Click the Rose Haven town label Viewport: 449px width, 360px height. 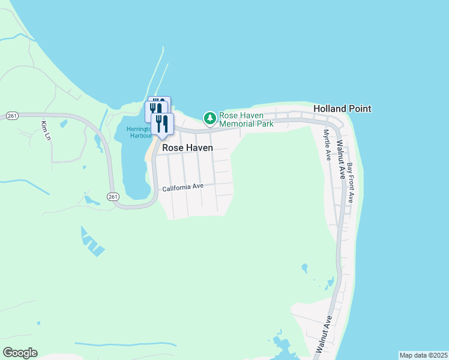[x=187, y=147]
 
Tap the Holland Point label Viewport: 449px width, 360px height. [x=342, y=109]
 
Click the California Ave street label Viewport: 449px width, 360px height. [x=183, y=187]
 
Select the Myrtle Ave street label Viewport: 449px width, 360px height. [x=327, y=145]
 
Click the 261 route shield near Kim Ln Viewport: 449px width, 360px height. [x=11, y=115]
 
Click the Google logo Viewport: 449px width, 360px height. [x=20, y=353]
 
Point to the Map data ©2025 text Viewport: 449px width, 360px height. [x=424, y=355]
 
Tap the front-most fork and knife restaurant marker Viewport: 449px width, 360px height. [x=161, y=124]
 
